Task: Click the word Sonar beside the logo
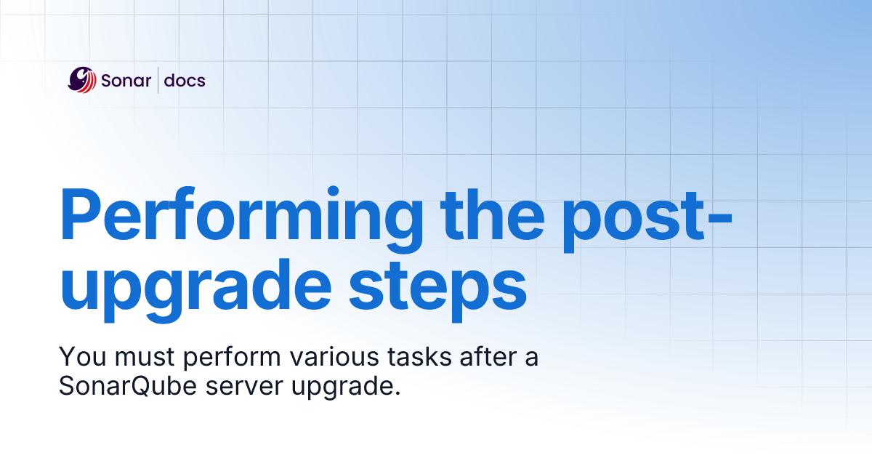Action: point(125,80)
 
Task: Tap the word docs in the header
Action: point(185,80)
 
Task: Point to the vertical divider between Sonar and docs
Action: point(158,80)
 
